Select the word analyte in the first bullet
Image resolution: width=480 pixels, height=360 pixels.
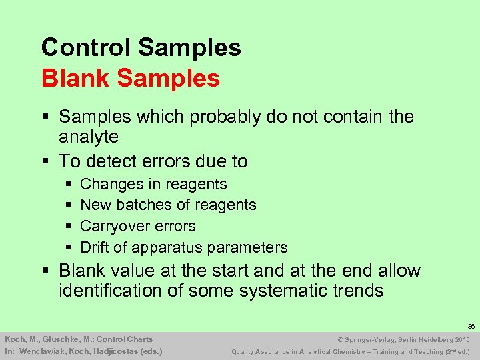[x=89, y=137]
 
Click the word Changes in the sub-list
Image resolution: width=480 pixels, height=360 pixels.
[x=109, y=185]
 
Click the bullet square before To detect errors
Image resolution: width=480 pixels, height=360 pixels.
[x=45, y=161]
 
